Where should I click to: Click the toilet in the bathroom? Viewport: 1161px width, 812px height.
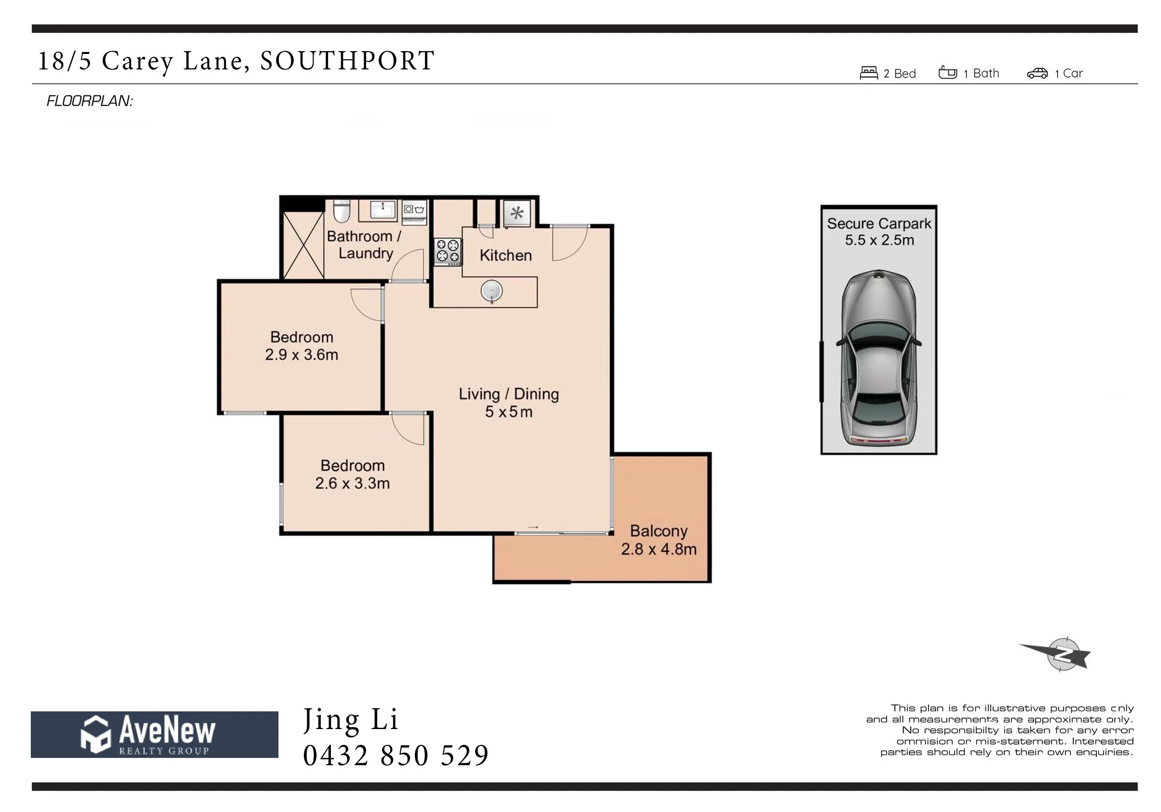(342, 211)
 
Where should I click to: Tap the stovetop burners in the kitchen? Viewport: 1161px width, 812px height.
(448, 251)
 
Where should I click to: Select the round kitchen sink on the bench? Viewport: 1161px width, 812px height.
(492, 291)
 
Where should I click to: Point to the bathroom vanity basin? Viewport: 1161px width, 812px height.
(383, 209)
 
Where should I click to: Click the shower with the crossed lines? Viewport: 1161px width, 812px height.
(303, 246)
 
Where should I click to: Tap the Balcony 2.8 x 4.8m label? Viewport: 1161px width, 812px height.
(658, 540)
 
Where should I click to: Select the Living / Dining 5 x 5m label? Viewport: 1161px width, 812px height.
(509, 403)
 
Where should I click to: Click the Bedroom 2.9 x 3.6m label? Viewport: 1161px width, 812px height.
(301, 346)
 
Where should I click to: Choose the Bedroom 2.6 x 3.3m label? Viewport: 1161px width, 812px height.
(353, 474)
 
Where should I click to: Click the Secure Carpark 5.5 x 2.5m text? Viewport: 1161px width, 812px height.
(879, 231)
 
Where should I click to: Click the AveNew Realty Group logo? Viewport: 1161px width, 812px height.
(154, 734)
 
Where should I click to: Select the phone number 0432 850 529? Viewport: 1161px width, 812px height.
(396, 756)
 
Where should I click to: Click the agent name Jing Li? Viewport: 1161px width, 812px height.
(351, 720)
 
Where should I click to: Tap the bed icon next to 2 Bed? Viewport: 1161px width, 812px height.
(869, 73)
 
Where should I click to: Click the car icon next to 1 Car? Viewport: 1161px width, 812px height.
(1037, 74)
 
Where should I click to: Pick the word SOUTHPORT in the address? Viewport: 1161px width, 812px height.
(347, 61)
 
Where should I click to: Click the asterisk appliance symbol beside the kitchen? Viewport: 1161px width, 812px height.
(517, 213)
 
